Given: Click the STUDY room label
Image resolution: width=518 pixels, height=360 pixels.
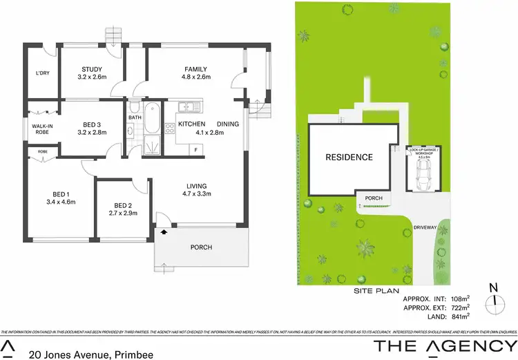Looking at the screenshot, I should click(92, 69).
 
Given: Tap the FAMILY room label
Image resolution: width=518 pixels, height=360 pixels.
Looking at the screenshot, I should click(197, 69).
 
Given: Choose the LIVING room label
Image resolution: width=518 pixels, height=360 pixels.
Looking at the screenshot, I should click(196, 185).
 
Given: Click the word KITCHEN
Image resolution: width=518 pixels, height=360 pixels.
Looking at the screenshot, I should click(192, 124).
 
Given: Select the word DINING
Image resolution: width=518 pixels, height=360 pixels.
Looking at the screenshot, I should click(228, 124).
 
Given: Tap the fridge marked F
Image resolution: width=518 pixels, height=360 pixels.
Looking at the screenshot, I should click(195, 149).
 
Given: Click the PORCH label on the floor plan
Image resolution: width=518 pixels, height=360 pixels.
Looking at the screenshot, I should click(201, 247).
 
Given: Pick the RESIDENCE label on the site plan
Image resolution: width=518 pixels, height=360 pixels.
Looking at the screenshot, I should click(349, 158).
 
